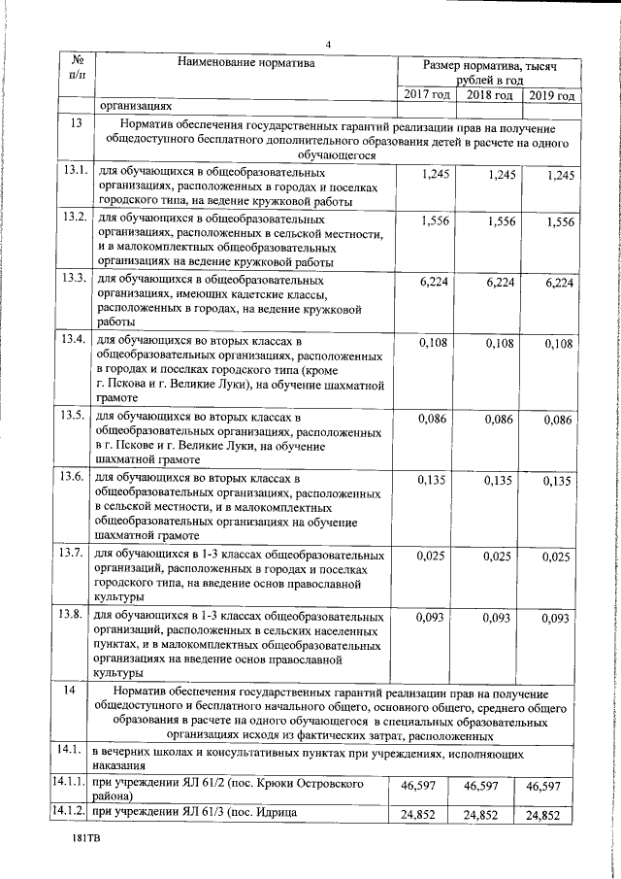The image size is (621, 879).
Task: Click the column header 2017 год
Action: click(427, 95)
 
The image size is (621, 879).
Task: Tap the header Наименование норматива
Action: click(246, 64)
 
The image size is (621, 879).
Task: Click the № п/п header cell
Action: click(77, 68)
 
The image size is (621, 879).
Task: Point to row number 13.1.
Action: click(76, 171)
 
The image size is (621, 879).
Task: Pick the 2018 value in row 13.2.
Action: click(499, 221)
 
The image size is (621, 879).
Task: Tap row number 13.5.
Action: click(76, 416)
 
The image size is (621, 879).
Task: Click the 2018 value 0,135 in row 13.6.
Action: click(497, 480)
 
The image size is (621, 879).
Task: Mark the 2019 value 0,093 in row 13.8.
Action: click(555, 618)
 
